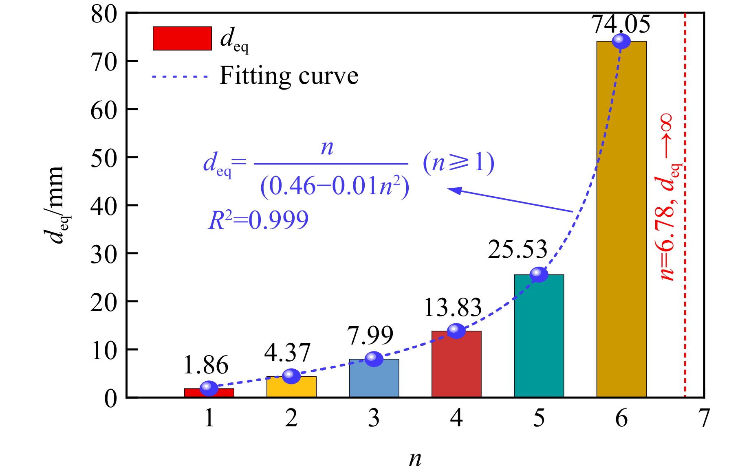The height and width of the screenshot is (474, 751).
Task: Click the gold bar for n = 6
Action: pyautogui.click(x=621, y=220)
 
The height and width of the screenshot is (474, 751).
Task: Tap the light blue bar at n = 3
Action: pyautogui.click(x=374, y=379)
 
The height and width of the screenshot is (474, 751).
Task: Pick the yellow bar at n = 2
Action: pyautogui.click(x=291, y=387)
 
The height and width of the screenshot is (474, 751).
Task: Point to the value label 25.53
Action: pyautogui.click(x=517, y=249)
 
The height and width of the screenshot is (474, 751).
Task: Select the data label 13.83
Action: pyautogui.click(x=452, y=307)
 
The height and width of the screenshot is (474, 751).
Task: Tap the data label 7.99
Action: pyautogui.click(x=370, y=335)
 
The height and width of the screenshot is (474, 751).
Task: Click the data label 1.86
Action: pyautogui.click(x=206, y=365)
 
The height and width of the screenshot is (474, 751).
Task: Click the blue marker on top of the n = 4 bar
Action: pyautogui.click(x=456, y=331)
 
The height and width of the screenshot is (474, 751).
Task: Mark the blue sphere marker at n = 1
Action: pyautogui.click(x=209, y=388)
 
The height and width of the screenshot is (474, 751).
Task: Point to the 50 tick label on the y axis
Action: pyautogui.click(x=104, y=158)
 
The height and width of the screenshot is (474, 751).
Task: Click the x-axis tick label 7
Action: pyautogui.click(x=704, y=418)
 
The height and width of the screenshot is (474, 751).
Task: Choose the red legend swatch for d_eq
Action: pyautogui.click(x=182, y=39)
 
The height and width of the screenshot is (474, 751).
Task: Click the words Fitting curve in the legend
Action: pyautogui.click(x=289, y=76)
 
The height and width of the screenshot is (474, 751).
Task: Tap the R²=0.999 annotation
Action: pyautogui.click(x=258, y=220)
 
